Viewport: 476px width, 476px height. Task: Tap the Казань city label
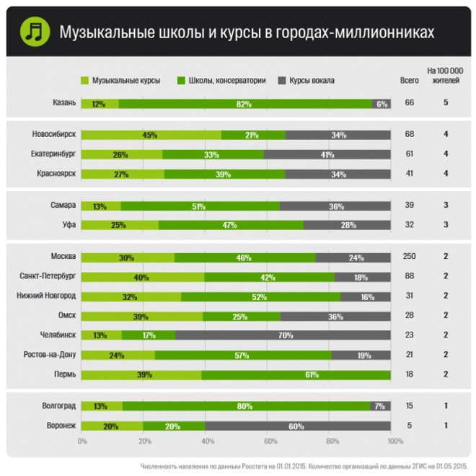pyautogui.click(x=64, y=103)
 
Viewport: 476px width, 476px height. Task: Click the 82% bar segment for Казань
pyautogui.click(x=244, y=104)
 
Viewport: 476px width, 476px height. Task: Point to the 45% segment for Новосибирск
pyautogui.click(x=151, y=135)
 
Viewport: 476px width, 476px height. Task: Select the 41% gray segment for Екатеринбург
pyautogui.click(x=327, y=154)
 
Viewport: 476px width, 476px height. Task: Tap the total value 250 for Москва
pyautogui.click(x=409, y=257)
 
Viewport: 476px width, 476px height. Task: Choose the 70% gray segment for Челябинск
pyautogui.click(x=283, y=335)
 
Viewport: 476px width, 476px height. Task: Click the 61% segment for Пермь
pyautogui.click(x=296, y=374)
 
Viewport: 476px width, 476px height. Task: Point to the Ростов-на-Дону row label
pyautogui.click(x=50, y=354)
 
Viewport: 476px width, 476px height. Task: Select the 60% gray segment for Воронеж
pyautogui.click(x=298, y=426)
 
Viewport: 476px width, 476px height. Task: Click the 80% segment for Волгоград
pyautogui.click(x=245, y=406)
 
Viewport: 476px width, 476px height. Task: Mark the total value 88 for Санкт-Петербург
pyautogui.click(x=409, y=276)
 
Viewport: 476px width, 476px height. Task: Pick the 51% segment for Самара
pyautogui.click(x=200, y=206)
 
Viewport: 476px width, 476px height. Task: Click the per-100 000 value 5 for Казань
pyautogui.click(x=446, y=103)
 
